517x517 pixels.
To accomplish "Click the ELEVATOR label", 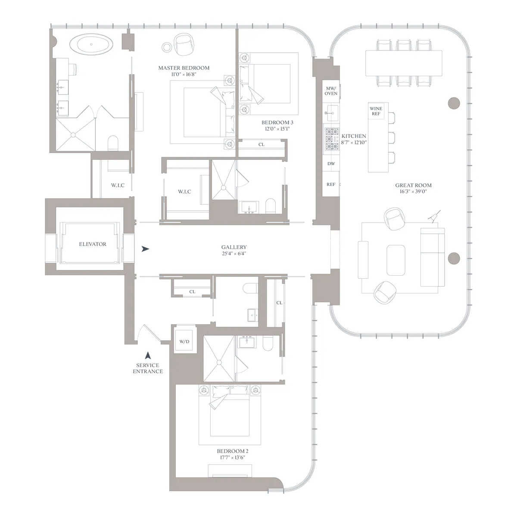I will pos(92,244).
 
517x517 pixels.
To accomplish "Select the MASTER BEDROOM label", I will pos(184,68).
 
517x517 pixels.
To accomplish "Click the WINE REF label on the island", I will pos(376,111).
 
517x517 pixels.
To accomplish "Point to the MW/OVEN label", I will pos(331,90).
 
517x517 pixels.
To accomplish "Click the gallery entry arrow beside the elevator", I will pos(146,249).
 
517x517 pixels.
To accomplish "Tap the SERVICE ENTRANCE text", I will pos(148,368).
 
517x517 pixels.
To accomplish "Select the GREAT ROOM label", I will pos(413,185).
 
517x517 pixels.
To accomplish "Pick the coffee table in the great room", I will pos(396,260).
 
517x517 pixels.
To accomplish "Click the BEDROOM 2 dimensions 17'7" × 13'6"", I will pos(232,458).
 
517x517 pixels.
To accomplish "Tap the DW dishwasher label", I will pos(331,164).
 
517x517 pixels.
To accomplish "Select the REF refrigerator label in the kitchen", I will pos(331,184).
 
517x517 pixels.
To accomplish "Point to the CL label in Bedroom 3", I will pos(262,144).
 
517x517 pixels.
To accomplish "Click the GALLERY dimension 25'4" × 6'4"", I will pos(234,254).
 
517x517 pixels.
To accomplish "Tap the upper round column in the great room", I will pos(454,103).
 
